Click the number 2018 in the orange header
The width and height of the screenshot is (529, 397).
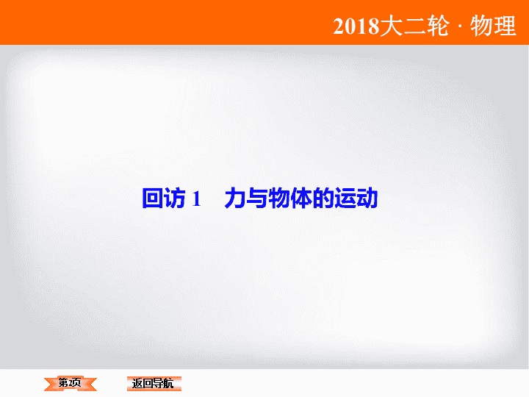pos(356,26)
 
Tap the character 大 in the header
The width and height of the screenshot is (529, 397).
pos(392,26)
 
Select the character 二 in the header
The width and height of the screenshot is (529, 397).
pos(414,26)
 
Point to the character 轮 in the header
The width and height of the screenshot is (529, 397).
pos(438,26)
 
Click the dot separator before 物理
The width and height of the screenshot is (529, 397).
pos(460,26)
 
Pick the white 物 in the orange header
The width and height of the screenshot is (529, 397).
pos(481,26)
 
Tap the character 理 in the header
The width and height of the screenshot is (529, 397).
pos(505,26)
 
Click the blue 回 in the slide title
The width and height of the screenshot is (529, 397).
pos(152,198)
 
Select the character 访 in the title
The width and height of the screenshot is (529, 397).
pos(175,198)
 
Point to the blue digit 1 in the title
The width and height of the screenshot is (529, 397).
pos(196,198)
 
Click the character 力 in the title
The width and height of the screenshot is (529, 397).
pos(235,198)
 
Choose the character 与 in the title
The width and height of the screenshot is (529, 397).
pos(257,198)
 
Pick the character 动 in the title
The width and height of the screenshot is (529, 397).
pos(367,198)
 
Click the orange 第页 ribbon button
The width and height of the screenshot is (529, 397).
pos(71,384)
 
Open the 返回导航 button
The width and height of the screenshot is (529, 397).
pos(154,384)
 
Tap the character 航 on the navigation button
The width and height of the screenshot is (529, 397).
pos(168,384)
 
